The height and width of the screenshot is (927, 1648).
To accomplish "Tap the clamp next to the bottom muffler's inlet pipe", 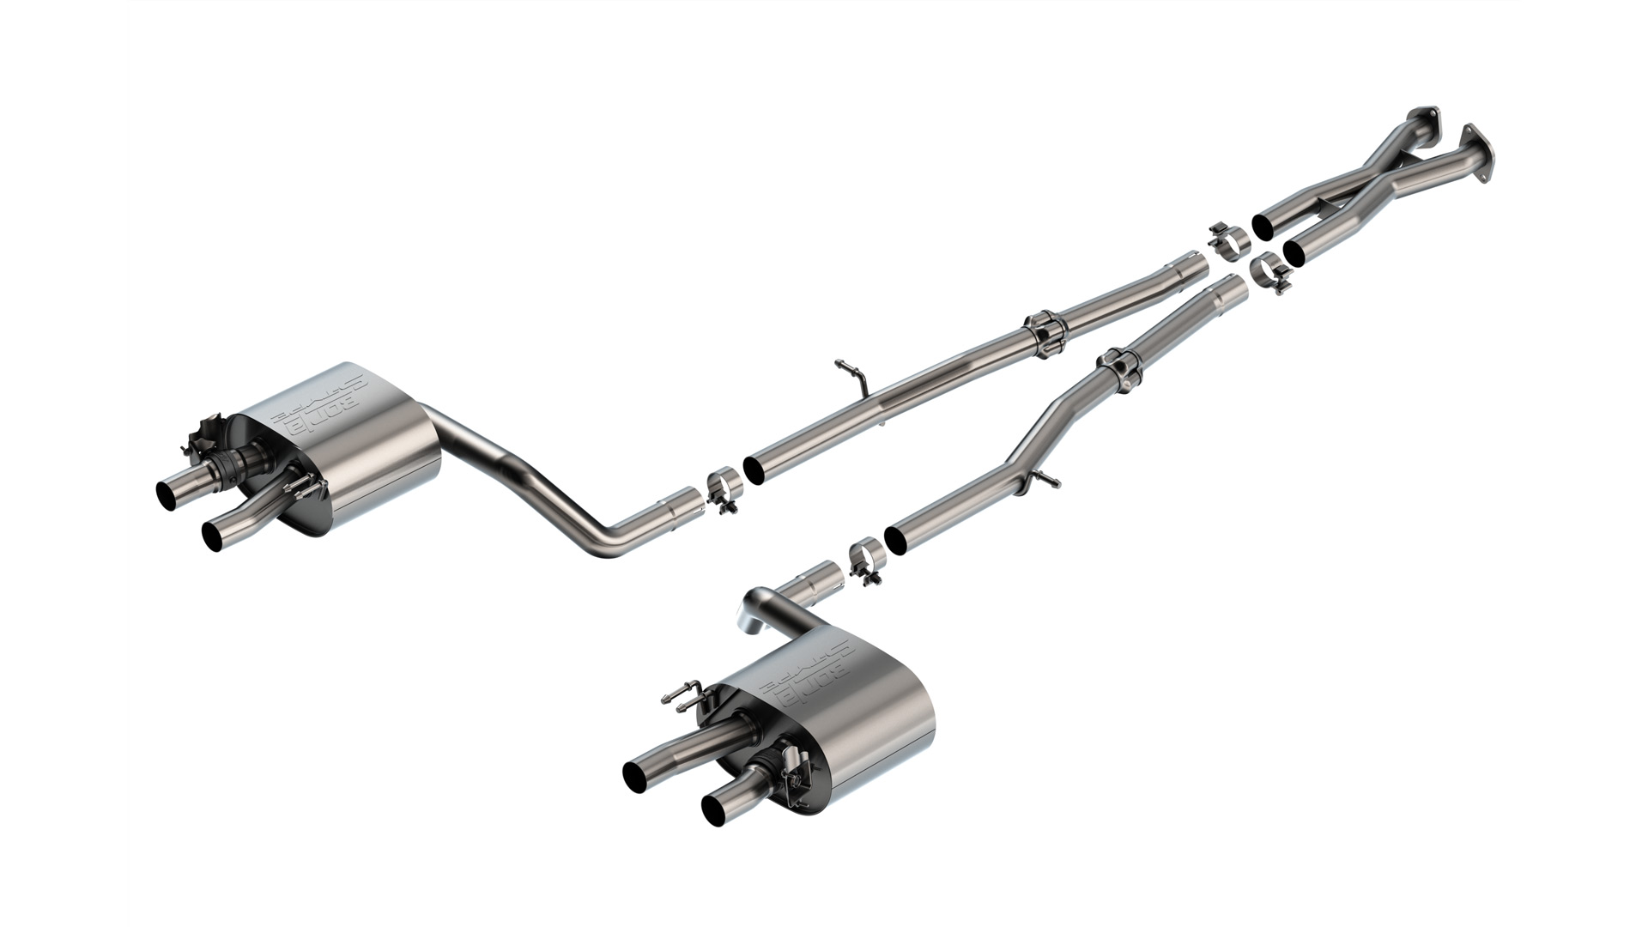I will pyautogui.click(x=863, y=560).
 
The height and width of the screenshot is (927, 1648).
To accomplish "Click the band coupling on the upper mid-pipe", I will pyautogui.click(x=1043, y=330).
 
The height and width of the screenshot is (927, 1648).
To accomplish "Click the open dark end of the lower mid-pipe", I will pyautogui.click(x=897, y=538).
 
